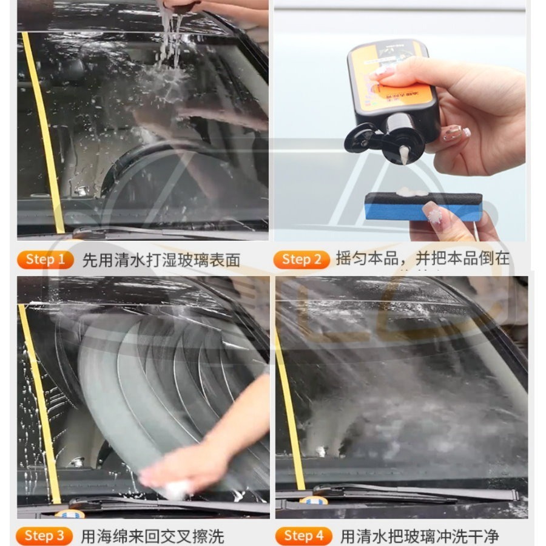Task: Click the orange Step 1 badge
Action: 46,260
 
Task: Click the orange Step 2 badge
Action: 301,260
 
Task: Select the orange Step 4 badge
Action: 303,536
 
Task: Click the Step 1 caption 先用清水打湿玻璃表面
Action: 161,261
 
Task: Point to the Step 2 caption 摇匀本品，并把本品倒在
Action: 422,259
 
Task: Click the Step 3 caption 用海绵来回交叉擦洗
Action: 152,536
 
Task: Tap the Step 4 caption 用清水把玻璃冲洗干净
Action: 419,536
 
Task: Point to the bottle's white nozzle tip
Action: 402,155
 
